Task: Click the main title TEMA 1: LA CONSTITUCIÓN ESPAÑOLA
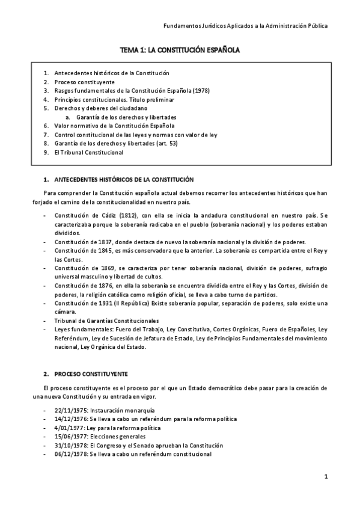(x=180, y=52)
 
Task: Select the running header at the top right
(x=246, y=26)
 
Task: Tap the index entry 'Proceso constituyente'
(x=84, y=82)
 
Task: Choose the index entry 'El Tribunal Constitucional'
(x=88, y=153)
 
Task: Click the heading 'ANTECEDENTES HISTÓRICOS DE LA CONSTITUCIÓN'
(x=124, y=180)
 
